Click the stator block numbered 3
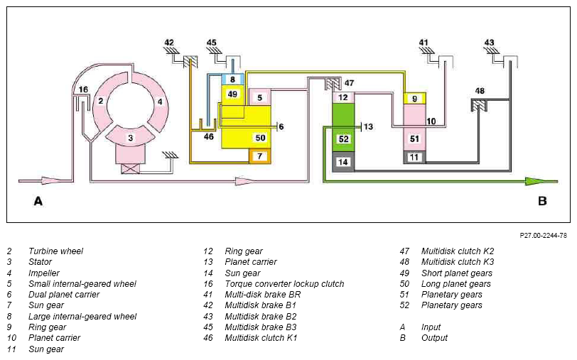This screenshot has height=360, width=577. pos(130,138)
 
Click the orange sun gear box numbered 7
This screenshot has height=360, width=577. pos(260,156)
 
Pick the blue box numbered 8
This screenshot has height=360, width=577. pos(232,80)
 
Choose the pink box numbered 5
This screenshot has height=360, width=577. pos(260,97)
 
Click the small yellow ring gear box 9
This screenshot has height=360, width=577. pos(415,99)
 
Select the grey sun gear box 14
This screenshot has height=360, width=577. pos(343,162)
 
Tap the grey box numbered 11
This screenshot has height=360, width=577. pos(415,157)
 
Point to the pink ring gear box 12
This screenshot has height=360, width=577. pos(343,97)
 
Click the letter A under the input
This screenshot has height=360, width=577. pos(38,201)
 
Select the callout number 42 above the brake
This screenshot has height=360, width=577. pos(169,43)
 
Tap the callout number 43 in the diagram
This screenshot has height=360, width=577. pos(489,43)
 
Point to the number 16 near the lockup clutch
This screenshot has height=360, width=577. pos(84,89)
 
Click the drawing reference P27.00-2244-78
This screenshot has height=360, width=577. pos(543,235)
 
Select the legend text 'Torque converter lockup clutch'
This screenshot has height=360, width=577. pos(284,284)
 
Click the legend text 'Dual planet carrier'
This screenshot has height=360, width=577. pos(64,295)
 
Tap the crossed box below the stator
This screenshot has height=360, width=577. pos(130,169)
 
